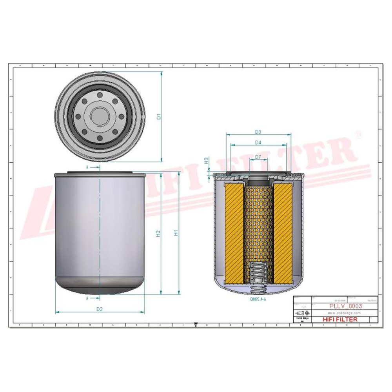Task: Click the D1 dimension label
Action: pos(159,116)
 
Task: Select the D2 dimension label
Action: pos(100,309)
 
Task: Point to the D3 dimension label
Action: pos(258,132)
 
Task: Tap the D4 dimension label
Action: pos(258,143)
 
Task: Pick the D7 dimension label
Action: pos(258,157)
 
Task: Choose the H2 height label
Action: pos(158,234)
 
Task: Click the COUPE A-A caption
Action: pos(258,299)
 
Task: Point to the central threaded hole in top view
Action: pos(100,115)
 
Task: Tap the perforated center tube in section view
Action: pos(258,223)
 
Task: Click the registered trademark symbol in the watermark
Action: pos(358,134)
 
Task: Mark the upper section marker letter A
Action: pos(87,167)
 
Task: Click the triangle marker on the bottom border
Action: pos(196,325)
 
